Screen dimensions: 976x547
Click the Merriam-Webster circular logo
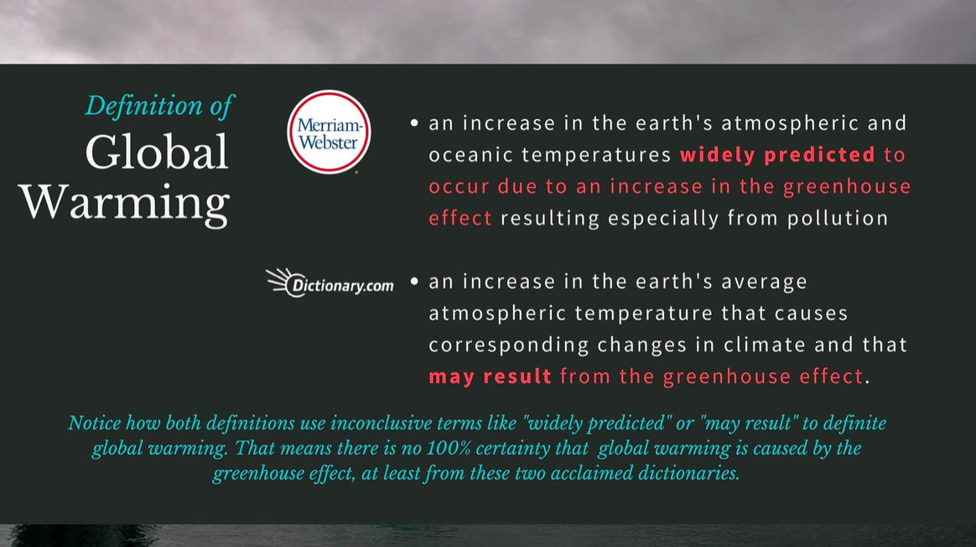pos(329,132)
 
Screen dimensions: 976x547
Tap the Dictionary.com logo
pos(330,284)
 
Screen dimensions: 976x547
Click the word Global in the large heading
pos(157,153)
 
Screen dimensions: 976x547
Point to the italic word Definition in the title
pos(143,105)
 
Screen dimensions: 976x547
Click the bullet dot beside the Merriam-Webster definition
pos(414,123)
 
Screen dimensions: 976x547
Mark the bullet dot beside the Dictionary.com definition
pos(414,282)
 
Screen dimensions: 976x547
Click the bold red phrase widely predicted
pos(777,155)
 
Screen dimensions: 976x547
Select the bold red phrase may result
pos(490,377)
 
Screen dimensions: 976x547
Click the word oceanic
pos(470,154)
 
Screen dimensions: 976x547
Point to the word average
pos(765,282)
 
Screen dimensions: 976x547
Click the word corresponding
pos(509,346)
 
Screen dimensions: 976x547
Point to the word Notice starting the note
pos(95,424)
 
